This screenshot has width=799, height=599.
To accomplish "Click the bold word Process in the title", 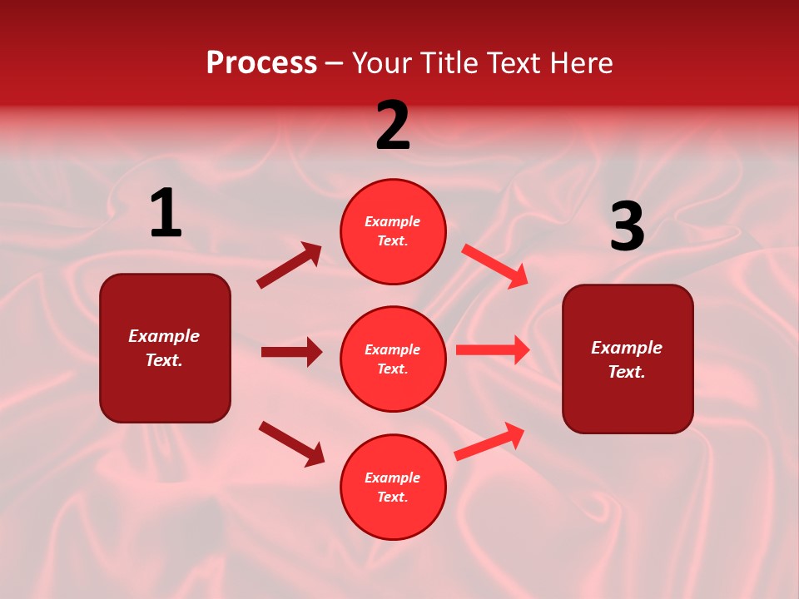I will (261, 62).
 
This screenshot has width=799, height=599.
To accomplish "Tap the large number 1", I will (166, 214).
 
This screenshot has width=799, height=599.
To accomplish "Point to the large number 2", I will (393, 126).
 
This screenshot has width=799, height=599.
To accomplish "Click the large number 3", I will (627, 227).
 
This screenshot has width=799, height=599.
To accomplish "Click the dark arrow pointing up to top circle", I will (290, 265).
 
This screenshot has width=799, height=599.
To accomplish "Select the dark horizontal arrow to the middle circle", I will (291, 352).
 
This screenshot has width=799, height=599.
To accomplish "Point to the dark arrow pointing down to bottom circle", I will (291, 443).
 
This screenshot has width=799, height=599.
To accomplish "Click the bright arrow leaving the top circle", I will (495, 265).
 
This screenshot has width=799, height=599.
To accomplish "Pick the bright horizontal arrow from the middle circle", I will (493, 350).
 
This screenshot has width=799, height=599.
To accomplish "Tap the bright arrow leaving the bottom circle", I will (490, 441).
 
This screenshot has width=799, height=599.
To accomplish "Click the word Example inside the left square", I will (164, 336).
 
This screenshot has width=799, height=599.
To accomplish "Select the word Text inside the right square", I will (626, 372).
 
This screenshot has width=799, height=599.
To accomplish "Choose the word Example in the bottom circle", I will (393, 478).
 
